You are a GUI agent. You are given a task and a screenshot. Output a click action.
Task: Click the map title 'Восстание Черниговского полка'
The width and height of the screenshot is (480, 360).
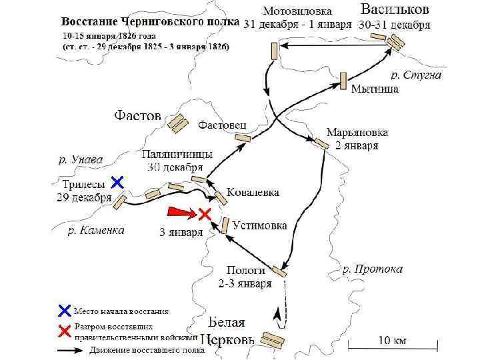[151, 21]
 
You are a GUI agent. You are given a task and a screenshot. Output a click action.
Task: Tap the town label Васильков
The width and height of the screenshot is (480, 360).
[395, 9]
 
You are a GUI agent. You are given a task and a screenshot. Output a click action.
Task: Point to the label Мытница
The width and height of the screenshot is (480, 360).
[375, 89]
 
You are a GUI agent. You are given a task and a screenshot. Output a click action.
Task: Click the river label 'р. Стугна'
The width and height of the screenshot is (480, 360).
[417, 75]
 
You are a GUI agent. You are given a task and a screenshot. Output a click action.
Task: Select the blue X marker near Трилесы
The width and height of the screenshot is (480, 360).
[117, 181]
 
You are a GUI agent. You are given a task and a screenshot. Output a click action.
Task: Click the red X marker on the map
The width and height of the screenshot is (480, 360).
[205, 215]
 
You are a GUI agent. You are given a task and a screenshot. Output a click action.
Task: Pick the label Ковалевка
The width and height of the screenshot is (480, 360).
[253, 192]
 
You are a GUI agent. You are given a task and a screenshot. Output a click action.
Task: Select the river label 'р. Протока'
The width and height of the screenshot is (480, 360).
[373, 269]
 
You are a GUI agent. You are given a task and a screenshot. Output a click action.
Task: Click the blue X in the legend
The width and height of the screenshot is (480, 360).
[64, 310]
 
